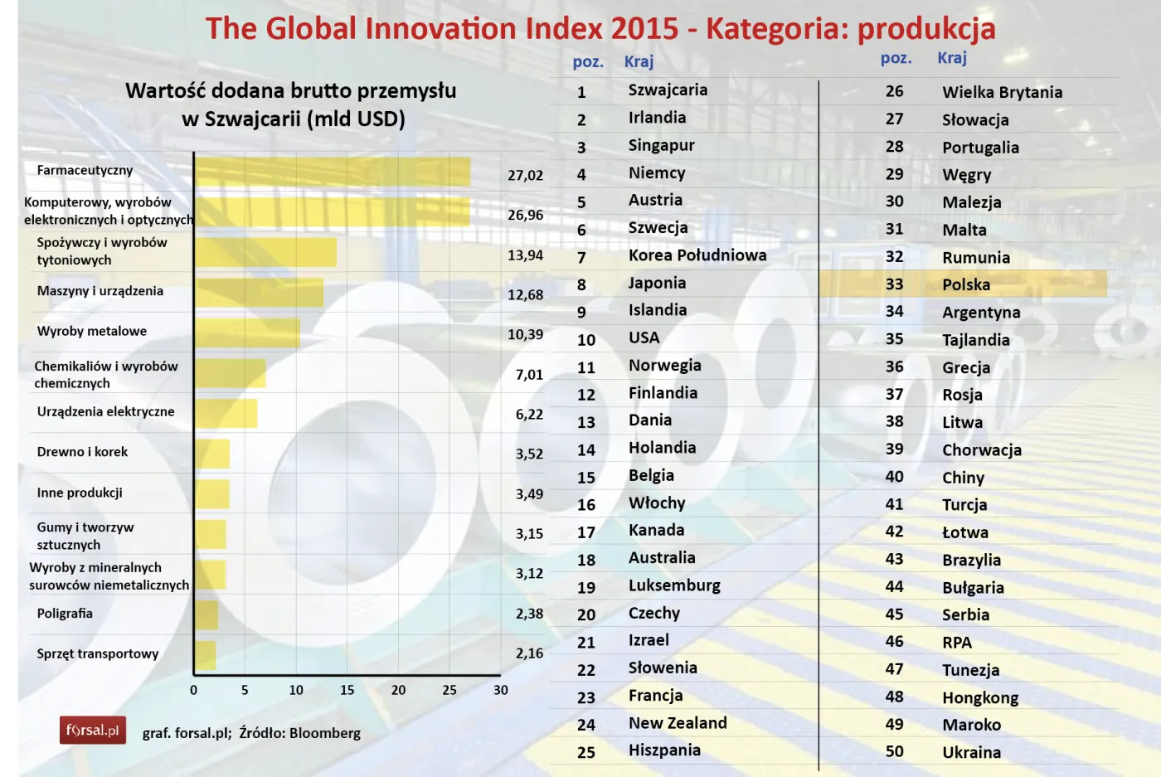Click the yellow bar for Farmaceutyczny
pos(332,172)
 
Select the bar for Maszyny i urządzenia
pos(259,293)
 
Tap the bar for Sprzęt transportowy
pos(206,655)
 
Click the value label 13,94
pos(525,255)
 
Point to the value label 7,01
pos(529,375)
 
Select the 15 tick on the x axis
pos(347,690)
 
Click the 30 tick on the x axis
pos(501,690)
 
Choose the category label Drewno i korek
pos(82,452)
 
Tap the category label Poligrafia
pos(65,614)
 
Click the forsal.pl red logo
pos(93,731)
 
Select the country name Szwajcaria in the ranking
pos(668,90)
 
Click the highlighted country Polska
pos(966,284)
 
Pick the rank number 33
pos(894,284)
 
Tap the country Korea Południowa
pos(697,255)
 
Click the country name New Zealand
pos(678,723)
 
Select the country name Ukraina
pos(971,752)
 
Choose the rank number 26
pos(894,91)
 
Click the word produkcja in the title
pos(925,29)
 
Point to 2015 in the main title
pos(644,29)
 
